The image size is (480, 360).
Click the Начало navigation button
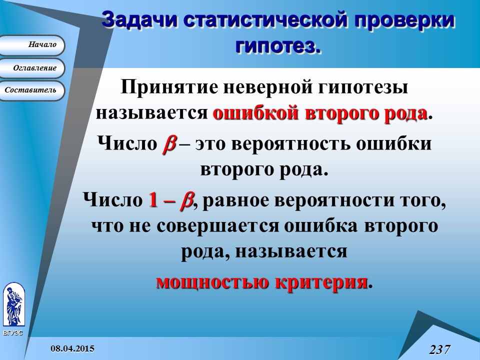(x=32, y=45)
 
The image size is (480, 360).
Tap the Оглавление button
(x=32, y=68)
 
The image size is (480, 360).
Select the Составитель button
(x=32, y=90)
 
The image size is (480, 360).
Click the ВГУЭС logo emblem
(x=13, y=305)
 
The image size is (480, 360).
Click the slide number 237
(x=439, y=349)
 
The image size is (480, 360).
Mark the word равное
(x=235, y=201)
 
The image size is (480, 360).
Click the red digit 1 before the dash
(x=153, y=201)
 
